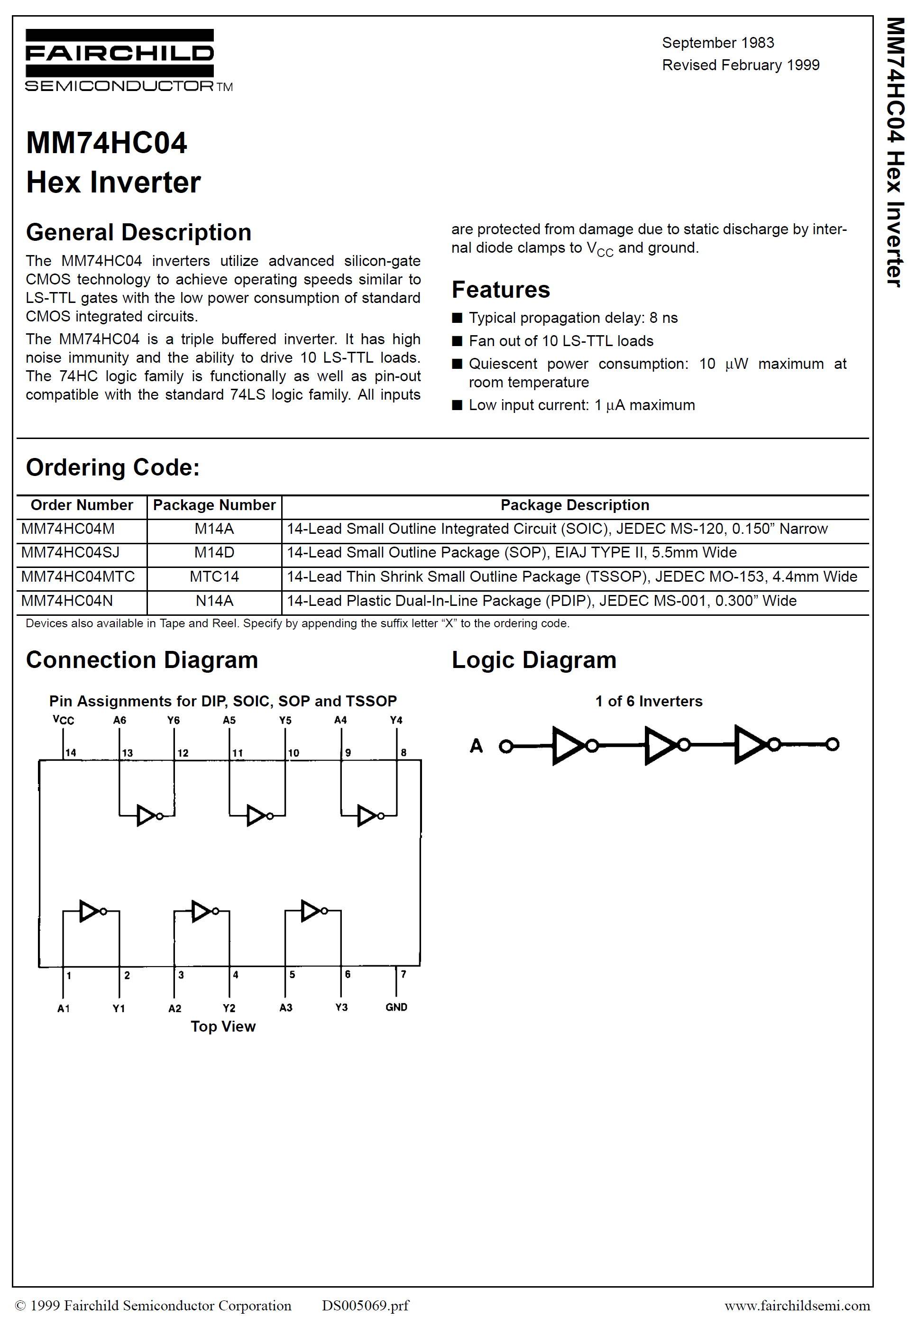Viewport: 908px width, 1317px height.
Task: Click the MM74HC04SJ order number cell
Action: (x=71, y=552)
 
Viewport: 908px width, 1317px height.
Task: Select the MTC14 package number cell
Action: (x=214, y=576)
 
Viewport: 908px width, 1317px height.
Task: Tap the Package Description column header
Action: (x=575, y=505)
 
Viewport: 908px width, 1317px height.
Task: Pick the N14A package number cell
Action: (x=214, y=601)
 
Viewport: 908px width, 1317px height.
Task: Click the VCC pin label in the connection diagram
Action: (x=63, y=720)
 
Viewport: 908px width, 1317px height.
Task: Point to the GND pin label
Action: (x=396, y=1007)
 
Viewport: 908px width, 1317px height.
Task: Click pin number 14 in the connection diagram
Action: (x=71, y=753)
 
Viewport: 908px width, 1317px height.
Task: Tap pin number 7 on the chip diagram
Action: (x=404, y=974)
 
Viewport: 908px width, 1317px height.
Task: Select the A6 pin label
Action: (x=119, y=720)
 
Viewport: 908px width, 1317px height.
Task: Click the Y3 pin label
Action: (x=341, y=1007)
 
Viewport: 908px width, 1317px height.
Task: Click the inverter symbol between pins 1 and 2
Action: (x=92, y=911)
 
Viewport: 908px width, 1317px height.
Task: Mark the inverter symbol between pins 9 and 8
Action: (x=369, y=816)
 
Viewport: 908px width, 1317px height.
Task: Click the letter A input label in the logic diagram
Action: (x=476, y=745)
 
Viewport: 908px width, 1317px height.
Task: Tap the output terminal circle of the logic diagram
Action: (x=832, y=744)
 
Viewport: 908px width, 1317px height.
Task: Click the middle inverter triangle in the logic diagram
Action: (x=660, y=745)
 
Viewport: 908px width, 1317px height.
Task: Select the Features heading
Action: (x=501, y=290)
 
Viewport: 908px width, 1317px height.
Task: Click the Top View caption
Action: (x=223, y=1026)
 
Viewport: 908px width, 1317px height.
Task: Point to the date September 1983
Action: (x=718, y=43)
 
